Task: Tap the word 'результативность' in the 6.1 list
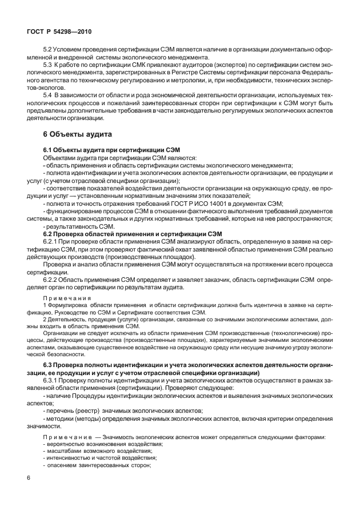71,226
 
